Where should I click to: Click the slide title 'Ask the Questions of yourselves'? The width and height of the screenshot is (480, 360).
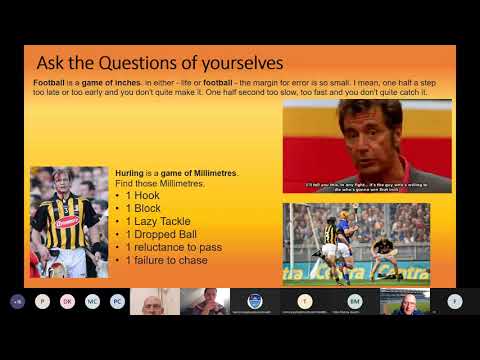[x=160, y=62]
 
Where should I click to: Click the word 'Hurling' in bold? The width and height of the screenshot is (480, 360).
[x=130, y=173]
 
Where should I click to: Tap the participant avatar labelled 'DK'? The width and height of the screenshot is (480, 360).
[x=67, y=301]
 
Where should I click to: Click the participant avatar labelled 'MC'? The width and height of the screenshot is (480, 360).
[x=92, y=301]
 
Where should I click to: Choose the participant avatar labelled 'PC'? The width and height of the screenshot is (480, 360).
[x=117, y=301]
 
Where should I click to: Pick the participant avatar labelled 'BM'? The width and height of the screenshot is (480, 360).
[x=354, y=301]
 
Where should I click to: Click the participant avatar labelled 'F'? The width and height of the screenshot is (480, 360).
[x=455, y=301]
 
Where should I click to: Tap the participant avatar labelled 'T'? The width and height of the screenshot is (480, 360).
[x=304, y=301]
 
